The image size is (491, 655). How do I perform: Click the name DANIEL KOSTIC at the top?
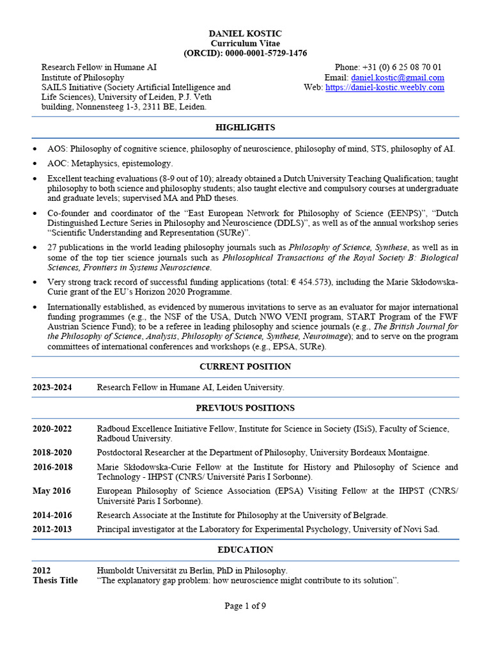(x=245, y=33)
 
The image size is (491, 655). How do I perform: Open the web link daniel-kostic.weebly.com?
(x=384, y=88)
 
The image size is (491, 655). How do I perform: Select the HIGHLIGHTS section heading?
(x=245, y=127)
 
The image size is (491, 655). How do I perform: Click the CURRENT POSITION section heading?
(x=245, y=367)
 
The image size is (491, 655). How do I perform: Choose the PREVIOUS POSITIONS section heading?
(x=245, y=407)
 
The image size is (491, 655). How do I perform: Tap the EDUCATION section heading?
(x=245, y=549)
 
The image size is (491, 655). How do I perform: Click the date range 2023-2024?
(x=52, y=388)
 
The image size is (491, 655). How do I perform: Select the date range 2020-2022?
(x=52, y=429)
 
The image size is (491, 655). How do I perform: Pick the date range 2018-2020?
(x=52, y=452)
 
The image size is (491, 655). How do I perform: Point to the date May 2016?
(x=52, y=491)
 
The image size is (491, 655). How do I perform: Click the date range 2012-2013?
(x=52, y=529)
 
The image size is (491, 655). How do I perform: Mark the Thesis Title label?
(x=55, y=580)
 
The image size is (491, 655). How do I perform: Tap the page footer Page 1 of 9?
(x=245, y=606)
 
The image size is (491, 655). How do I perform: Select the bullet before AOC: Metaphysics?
(x=35, y=164)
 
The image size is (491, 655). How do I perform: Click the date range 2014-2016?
(x=52, y=515)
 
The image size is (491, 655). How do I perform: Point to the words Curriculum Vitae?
(x=245, y=43)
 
